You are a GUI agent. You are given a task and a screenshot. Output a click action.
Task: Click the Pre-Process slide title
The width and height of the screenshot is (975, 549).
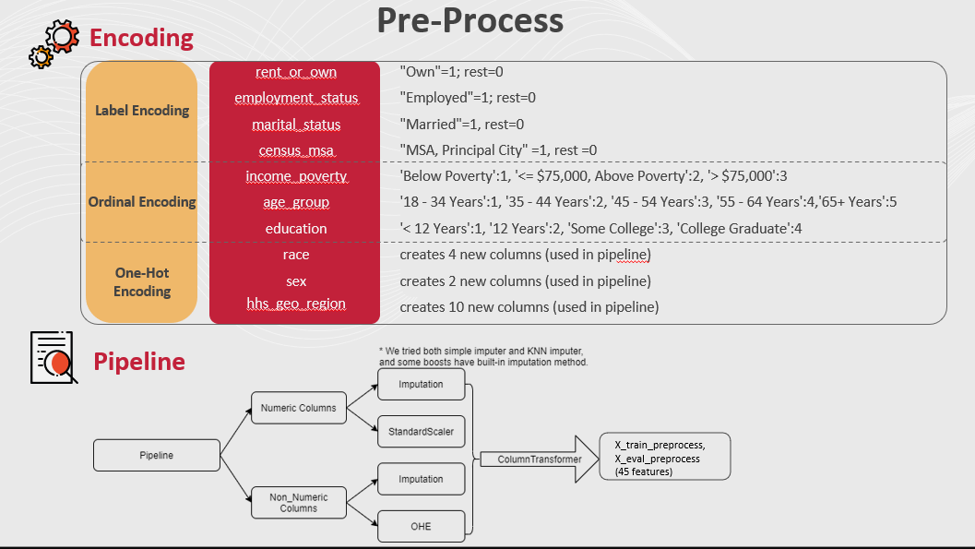coord(470,21)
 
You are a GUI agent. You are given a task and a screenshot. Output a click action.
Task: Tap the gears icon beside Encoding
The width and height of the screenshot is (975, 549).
coord(54,43)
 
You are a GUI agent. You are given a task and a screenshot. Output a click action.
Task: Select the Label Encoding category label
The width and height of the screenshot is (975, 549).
coord(141,111)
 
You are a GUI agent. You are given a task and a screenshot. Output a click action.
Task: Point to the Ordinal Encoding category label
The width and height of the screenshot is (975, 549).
coord(141,202)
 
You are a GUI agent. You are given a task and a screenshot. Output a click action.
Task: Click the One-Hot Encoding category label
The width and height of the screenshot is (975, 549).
coord(141,282)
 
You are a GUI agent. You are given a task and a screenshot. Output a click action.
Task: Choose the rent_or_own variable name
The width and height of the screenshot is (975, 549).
coord(295,72)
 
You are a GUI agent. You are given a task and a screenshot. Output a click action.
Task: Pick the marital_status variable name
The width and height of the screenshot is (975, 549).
coord(295,125)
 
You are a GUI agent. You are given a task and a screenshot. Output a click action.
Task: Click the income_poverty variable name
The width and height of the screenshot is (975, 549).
coord(295,176)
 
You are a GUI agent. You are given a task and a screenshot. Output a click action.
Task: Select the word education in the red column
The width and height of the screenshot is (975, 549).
coord(295,229)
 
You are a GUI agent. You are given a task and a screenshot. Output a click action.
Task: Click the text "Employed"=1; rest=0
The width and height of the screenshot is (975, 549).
coord(468,98)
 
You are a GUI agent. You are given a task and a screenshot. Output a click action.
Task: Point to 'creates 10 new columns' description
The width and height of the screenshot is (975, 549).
coord(529,306)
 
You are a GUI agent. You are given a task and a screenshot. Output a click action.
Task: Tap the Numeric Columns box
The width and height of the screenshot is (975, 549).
coord(291,407)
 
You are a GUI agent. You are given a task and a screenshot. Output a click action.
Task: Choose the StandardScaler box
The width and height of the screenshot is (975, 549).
coord(420,432)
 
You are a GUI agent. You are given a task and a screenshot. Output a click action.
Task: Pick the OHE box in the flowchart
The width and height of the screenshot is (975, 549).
coord(420,526)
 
